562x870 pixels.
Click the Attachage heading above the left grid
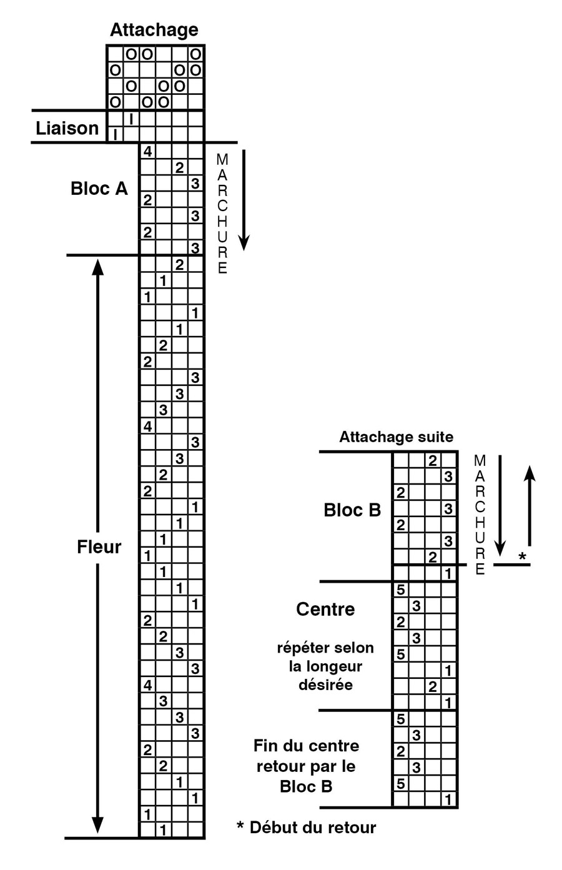[154, 29]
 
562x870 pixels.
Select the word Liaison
[67, 128]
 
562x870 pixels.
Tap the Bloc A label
[99, 188]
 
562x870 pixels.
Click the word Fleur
[99, 546]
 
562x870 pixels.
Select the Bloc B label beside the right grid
[352, 510]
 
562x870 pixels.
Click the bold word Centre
[325, 608]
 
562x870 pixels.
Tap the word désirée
[325, 685]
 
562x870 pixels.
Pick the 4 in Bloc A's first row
[147, 152]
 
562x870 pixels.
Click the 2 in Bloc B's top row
[432, 461]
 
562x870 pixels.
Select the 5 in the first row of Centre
[400, 590]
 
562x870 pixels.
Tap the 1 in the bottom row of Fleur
[163, 830]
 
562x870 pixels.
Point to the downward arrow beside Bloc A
[244, 200]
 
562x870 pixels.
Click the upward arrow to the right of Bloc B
[530, 506]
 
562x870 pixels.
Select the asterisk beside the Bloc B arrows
[522, 556]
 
